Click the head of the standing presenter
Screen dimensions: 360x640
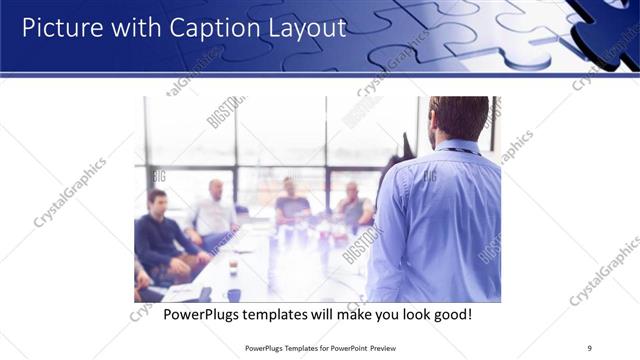(x=459, y=117)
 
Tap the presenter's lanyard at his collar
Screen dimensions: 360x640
(x=462, y=150)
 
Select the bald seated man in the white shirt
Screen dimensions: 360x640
(x=213, y=213)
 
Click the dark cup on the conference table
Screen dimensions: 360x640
(x=232, y=268)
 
